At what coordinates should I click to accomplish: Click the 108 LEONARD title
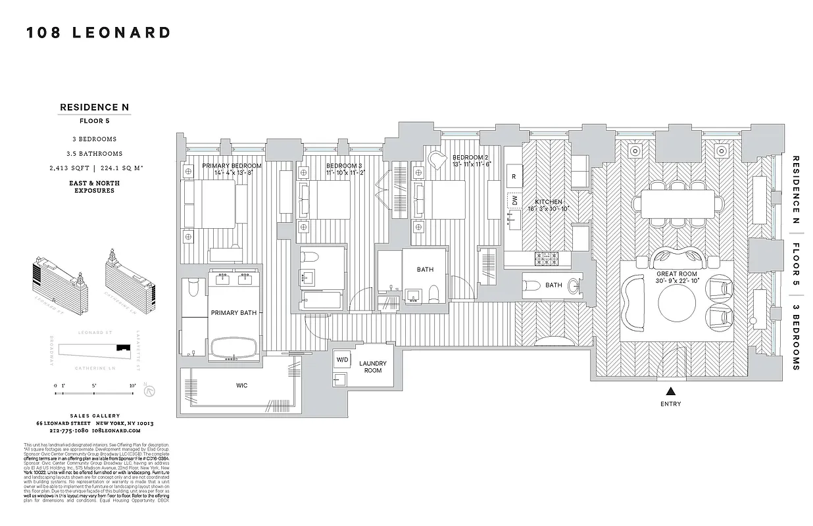(x=99, y=33)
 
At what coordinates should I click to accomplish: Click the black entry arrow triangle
(x=670, y=391)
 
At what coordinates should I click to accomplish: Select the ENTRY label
(x=670, y=404)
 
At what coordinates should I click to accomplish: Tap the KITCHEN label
(x=549, y=202)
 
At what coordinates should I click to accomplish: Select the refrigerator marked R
(x=514, y=176)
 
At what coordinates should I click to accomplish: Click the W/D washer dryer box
(x=343, y=360)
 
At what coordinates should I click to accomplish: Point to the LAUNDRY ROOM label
(x=373, y=367)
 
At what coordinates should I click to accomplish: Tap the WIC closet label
(x=241, y=385)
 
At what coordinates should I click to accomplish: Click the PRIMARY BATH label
(x=233, y=314)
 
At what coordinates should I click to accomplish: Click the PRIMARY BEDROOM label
(x=232, y=166)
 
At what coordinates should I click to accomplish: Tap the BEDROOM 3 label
(x=344, y=166)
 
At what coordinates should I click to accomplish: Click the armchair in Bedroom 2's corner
(x=437, y=160)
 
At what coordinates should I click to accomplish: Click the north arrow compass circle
(x=150, y=390)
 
